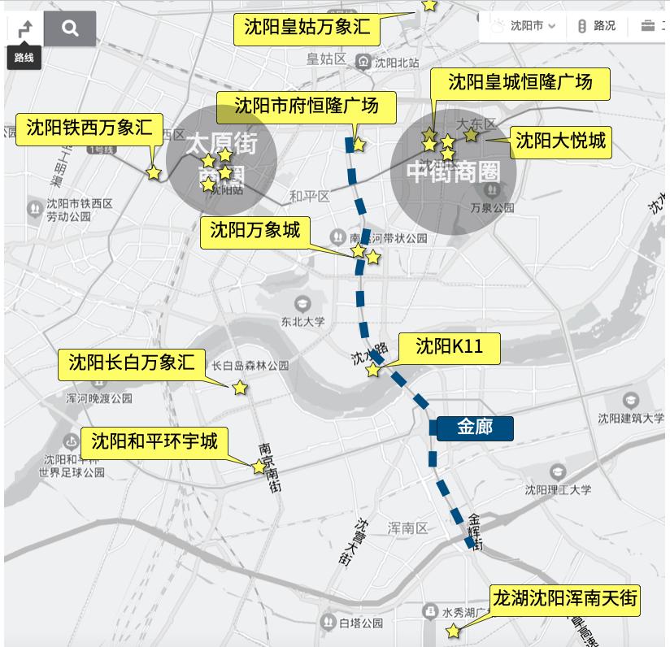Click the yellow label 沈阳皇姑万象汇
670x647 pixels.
tap(307, 28)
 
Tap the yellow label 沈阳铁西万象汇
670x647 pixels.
tap(89, 128)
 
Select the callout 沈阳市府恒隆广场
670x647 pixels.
tap(307, 106)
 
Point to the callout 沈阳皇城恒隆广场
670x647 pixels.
tap(520, 82)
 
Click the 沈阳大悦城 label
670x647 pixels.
tap(561, 141)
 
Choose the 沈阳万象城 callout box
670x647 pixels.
tap(255, 230)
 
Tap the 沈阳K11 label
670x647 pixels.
tap(449, 346)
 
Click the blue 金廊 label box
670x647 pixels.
tap(476, 427)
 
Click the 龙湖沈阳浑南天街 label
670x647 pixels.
tap(566, 601)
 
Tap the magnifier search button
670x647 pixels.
tap(71, 28)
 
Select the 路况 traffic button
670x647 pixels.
tap(596, 26)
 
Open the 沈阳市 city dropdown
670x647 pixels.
tap(525, 26)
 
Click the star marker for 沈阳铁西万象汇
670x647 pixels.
tap(154, 172)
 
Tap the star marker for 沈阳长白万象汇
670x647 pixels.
tap(240, 389)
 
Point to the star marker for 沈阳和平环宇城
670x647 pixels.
tap(259, 467)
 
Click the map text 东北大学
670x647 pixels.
tap(302, 321)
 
